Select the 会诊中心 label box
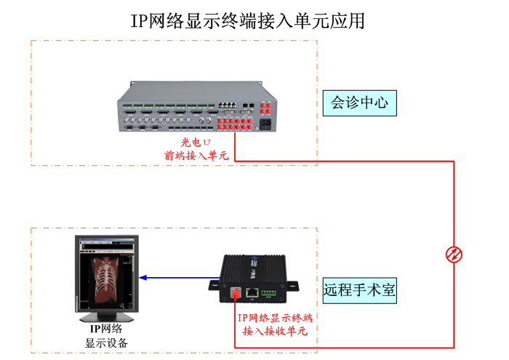(x=359, y=103)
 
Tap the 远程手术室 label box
(x=359, y=290)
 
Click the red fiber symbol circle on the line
(x=454, y=254)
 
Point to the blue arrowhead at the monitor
(x=143, y=277)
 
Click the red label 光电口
(x=195, y=143)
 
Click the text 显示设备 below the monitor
(x=106, y=343)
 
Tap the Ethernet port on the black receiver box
(x=252, y=292)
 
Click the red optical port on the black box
(x=235, y=293)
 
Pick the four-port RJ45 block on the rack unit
(x=228, y=106)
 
